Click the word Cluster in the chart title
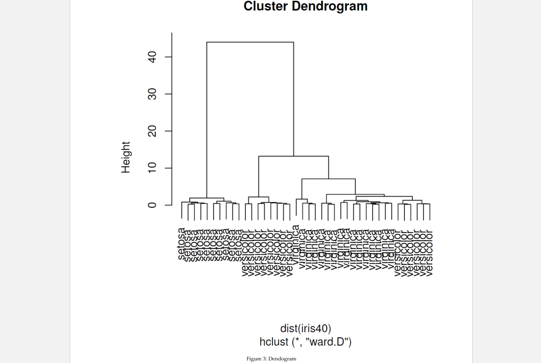point(265,6)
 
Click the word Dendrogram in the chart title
point(329,6)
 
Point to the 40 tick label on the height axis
point(152,57)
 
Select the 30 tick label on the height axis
point(152,94)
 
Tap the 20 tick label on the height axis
point(152,131)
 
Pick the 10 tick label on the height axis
point(152,168)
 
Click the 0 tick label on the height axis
point(152,205)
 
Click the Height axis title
point(126,157)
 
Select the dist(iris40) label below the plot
point(306,328)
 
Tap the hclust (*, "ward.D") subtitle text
point(306,342)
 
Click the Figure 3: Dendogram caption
point(271,359)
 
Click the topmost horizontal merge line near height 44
point(250,42)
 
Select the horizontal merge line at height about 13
point(293,156)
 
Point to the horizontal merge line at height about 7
point(328,179)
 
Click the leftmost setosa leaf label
point(181,244)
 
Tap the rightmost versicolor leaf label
point(429,253)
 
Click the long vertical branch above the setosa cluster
point(207,119)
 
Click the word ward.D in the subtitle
point(329,342)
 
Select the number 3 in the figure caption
point(264,359)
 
